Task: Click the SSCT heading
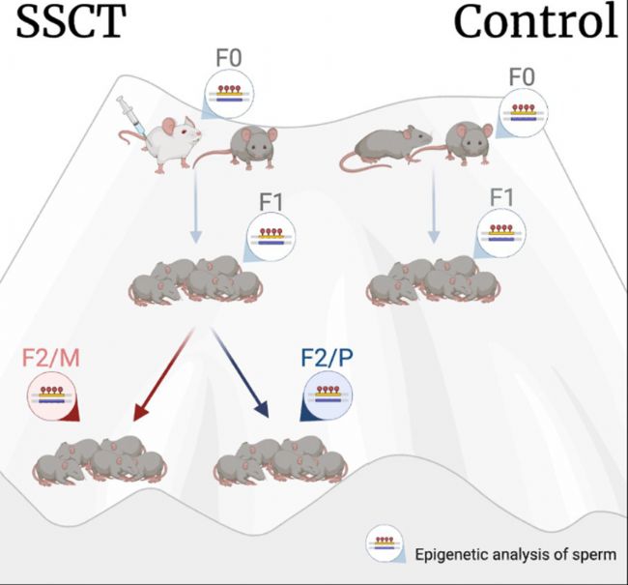(x=71, y=21)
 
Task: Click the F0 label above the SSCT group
(x=229, y=58)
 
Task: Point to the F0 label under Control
(x=522, y=77)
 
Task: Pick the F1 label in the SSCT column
(x=271, y=202)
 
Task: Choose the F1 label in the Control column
(x=501, y=197)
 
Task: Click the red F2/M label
(x=51, y=358)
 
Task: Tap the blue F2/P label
(x=328, y=358)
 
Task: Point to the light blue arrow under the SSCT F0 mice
(x=195, y=206)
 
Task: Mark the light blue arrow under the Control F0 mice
(x=434, y=206)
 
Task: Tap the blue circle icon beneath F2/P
(x=328, y=396)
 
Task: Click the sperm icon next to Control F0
(x=523, y=113)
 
